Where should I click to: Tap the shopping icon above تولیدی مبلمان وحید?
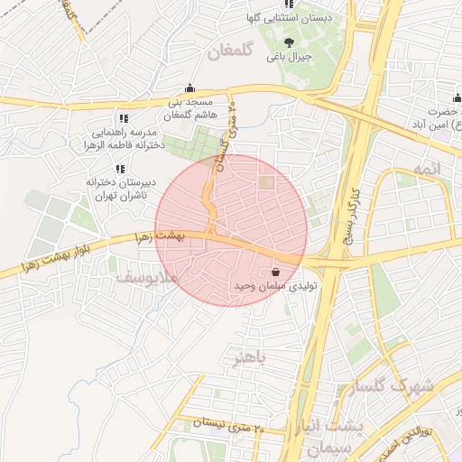click(x=275, y=272)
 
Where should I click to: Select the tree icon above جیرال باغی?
click(x=289, y=42)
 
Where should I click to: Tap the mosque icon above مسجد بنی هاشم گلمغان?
click(x=189, y=88)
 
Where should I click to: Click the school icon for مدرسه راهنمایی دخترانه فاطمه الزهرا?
click(x=123, y=118)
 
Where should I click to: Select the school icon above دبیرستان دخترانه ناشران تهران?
click(x=119, y=169)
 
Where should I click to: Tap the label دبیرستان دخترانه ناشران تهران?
click(x=121, y=188)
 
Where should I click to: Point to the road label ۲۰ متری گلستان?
click(x=226, y=135)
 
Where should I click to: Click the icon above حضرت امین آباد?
click(x=457, y=98)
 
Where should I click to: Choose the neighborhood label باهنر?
click(x=250, y=358)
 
